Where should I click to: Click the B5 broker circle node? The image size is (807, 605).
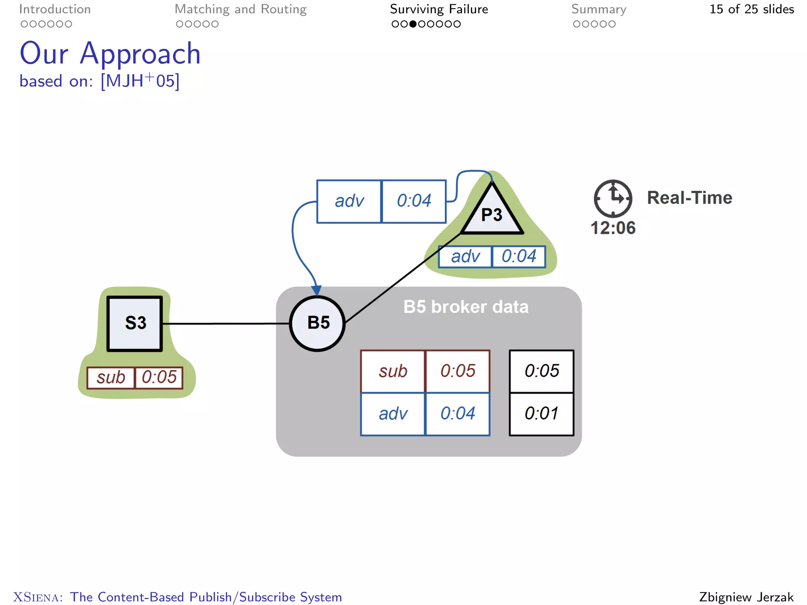(318, 323)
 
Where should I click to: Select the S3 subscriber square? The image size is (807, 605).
(135, 323)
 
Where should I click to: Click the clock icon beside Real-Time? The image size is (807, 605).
(613, 199)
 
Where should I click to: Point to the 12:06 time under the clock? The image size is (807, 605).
(613, 228)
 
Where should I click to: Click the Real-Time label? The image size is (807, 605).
(689, 198)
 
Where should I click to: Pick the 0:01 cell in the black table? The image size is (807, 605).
(541, 414)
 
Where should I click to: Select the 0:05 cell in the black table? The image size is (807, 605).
(541, 371)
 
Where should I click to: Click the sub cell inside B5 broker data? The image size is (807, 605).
(393, 371)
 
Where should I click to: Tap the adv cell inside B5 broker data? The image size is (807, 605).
(393, 414)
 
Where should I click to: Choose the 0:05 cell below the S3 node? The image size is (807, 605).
(159, 378)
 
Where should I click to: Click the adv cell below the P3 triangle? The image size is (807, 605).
(465, 257)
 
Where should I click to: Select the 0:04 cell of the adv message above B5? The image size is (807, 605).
(414, 201)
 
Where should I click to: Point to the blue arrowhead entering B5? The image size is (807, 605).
(316, 291)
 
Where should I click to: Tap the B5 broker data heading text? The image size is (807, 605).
(466, 307)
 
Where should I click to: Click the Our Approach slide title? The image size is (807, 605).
(110, 54)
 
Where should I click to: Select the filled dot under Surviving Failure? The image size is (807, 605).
(413, 24)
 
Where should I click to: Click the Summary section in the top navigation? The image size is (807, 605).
(599, 9)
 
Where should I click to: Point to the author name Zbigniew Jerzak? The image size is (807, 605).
(746, 597)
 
